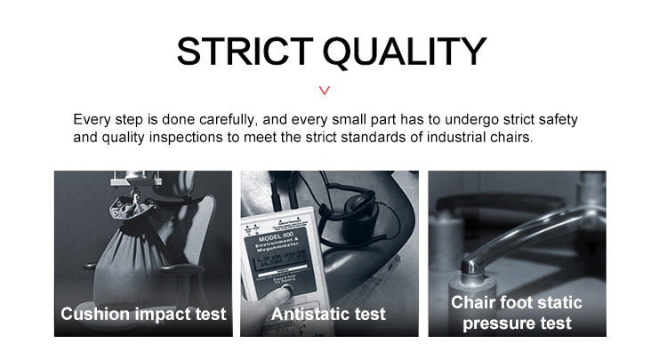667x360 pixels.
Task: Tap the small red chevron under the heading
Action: click(325, 90)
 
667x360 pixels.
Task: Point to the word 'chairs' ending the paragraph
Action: click(510, 139)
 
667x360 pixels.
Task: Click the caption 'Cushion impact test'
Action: click(143, 314)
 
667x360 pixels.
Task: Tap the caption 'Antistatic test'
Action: click(328, 314)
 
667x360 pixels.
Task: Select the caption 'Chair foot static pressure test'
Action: click(517, 313)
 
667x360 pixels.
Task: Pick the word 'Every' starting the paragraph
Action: click(92, 120)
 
